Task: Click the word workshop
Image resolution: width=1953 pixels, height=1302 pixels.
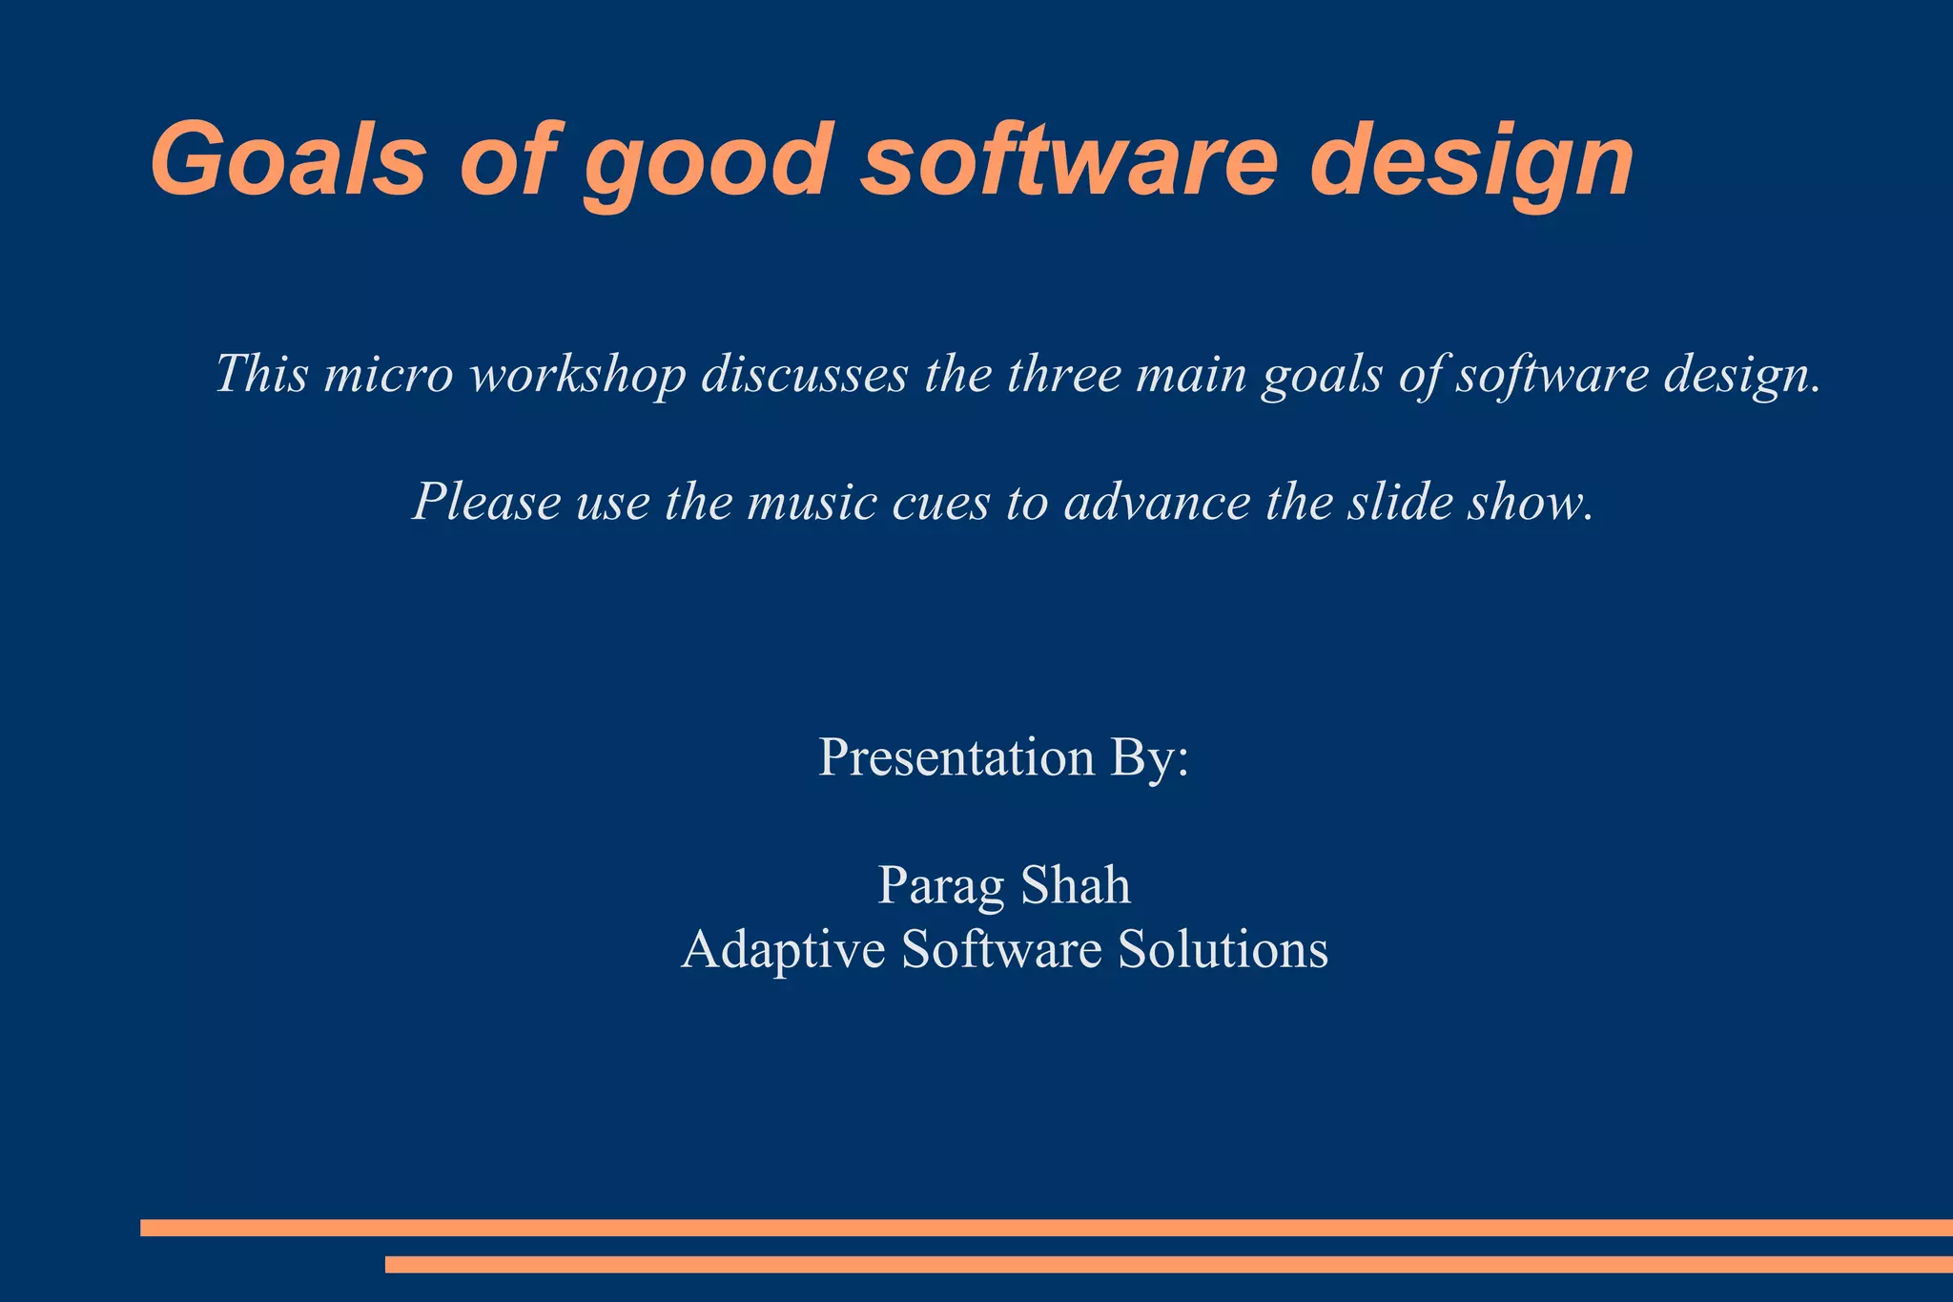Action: click(578, 375)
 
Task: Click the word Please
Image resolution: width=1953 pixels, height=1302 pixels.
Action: click(485, 502)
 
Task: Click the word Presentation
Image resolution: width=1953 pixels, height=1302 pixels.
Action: click(956, 757)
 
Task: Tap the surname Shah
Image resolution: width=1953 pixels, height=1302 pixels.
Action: click(1076, 885)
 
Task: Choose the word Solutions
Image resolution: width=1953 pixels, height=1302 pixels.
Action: click(1223, 949)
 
